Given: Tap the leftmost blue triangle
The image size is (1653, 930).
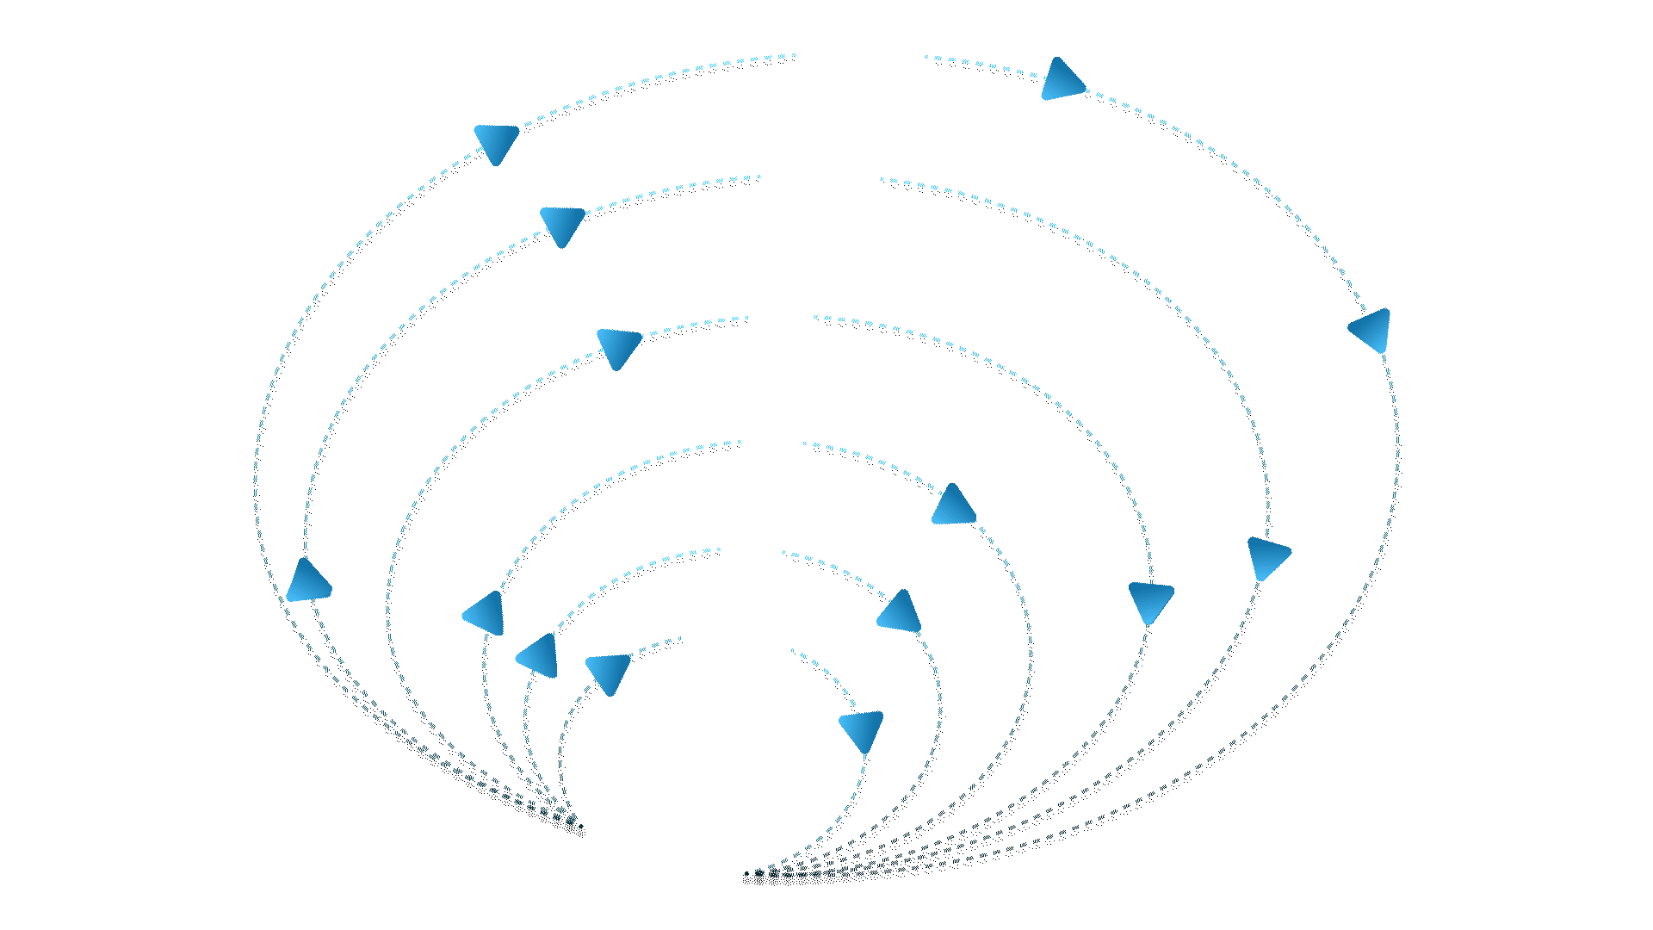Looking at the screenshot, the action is (x=307, y=582).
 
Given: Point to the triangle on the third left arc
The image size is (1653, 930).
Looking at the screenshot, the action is (x=618, y=347).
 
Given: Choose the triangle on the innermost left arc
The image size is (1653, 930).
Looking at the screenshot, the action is (x=609, y=673).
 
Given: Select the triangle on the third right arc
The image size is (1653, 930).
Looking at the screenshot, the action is (x=1151, y=600).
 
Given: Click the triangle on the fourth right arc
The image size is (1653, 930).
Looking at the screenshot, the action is (x=954, y=506).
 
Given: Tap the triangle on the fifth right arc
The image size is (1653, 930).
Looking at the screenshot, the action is (x=900, y=612).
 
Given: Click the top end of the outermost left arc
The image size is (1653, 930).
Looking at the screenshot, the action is (x=794, y=55).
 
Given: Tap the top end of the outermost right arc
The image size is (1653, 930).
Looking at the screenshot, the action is (x=926, y=57).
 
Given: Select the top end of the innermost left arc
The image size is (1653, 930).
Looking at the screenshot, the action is (x=680, y=638).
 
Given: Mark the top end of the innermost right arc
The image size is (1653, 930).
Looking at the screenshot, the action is (x=792, y=650).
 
